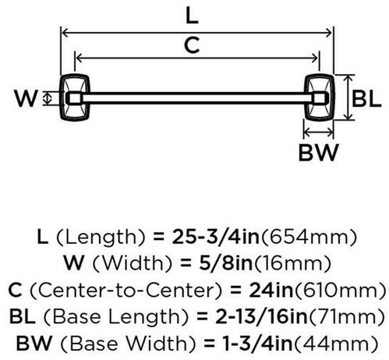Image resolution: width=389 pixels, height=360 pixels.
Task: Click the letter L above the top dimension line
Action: tap(192, 16)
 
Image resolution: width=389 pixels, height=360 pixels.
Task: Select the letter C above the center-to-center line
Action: tap(192, 45)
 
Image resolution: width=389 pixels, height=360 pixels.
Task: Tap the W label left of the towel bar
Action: tap(27, 98)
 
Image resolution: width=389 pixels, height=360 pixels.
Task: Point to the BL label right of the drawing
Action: tap(366, 99)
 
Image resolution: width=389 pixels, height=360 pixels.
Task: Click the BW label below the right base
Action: tap(319, 152)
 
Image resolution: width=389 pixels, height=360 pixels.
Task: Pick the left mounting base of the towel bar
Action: tap(75, 97)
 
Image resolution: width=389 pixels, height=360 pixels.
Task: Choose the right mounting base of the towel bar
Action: tap(320, 97)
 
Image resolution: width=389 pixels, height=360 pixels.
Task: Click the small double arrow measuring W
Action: tap(47, 98)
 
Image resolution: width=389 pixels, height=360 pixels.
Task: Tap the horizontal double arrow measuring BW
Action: tap(319, 132)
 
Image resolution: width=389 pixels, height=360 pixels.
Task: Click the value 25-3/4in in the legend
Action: tap(215, 237)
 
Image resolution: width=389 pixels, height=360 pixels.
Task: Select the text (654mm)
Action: tap(309, 237)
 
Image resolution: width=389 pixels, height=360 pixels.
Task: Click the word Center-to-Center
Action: tap(126, 290)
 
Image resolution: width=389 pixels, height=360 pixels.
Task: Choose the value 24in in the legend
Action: tap(271, 290)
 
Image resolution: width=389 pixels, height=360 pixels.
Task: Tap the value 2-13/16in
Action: tap(261, 316)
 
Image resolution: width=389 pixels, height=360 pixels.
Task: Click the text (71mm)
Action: tap(346, 317)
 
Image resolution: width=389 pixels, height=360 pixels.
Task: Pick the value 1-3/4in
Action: tap(258, 344)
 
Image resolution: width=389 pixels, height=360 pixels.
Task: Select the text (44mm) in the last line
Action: tap(335, 344)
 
